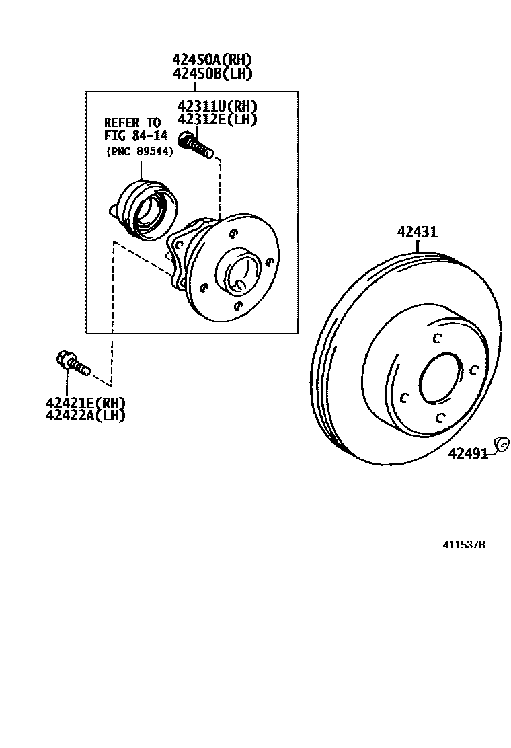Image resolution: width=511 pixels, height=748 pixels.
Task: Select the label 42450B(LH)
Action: pyautogui.click(x=212, y=73)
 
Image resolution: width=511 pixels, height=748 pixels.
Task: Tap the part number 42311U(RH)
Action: pyautogui.click(x=217, y=106)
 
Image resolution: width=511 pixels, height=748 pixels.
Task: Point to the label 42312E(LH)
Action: pyautogui.click(x=217, y=119)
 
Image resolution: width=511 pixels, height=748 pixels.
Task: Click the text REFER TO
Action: pyautogui.click(x=132, y=122)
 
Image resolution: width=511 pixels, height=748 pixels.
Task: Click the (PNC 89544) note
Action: pyautogui.click(x=139, y=152)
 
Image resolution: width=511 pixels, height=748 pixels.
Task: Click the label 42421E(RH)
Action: pyautogui.click(x=85, y=402)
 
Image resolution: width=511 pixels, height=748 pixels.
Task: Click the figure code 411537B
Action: pyautogui.click(x=464, y=545)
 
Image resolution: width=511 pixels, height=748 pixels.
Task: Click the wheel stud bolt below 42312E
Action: pyautogui.click(x=196, y=145)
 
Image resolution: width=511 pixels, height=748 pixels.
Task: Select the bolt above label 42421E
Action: pyautogui.click(x=73, y=363)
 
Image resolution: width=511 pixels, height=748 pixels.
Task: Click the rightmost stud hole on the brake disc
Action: pyautogui.click(x=474, y=369)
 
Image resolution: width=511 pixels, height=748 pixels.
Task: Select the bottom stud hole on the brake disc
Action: pyautogui.click(x=439, y=418)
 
